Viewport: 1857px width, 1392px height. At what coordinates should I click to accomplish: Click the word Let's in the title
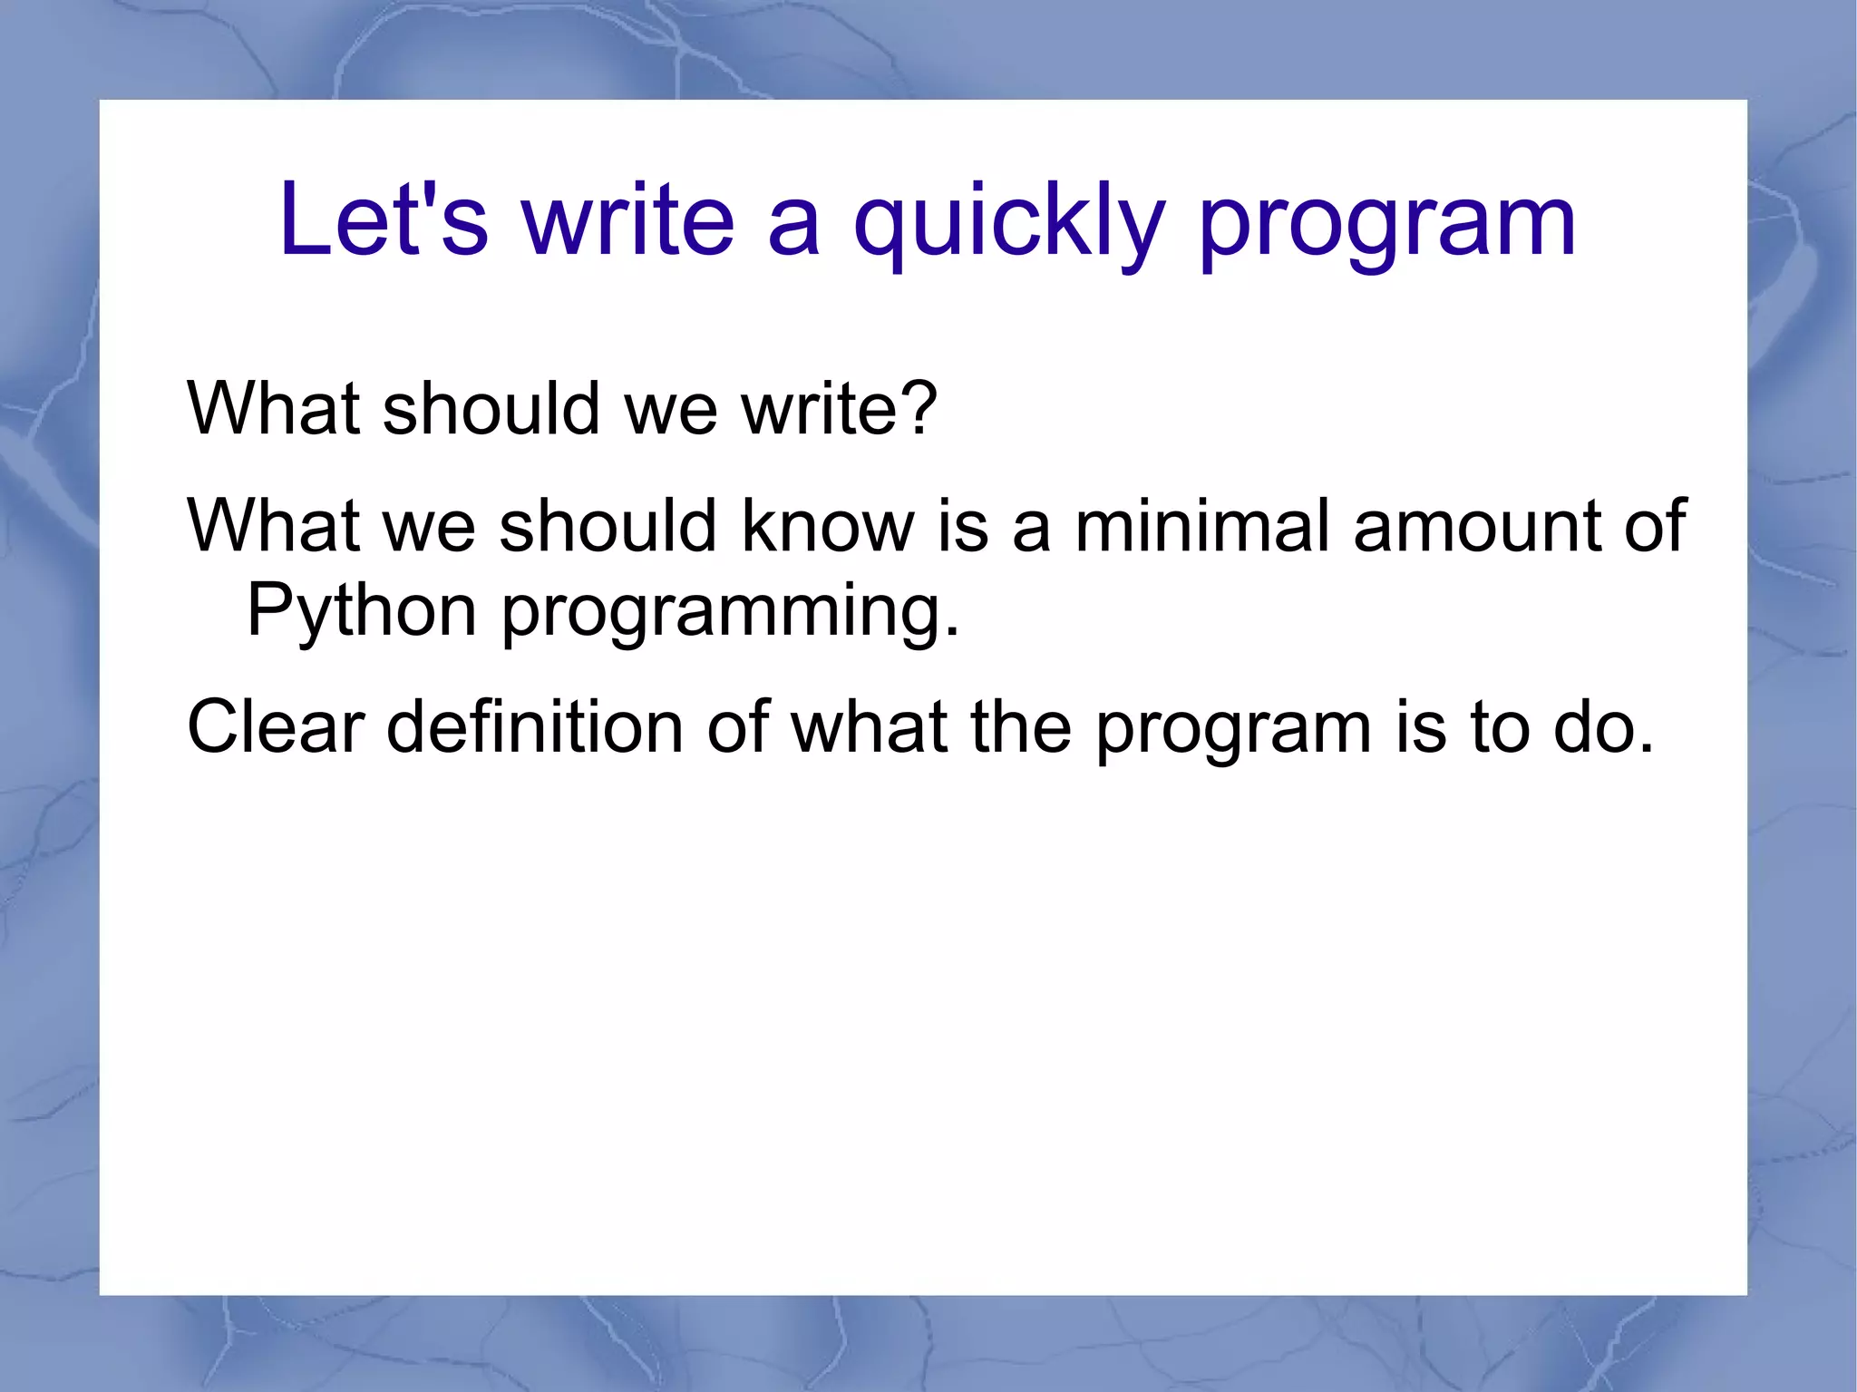click(x=383, y=219)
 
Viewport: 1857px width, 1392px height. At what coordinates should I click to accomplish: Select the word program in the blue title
click(x=1387, y=225)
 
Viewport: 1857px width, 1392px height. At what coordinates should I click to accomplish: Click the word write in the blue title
click(x=627, y=219)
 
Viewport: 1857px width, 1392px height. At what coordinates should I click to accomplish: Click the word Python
click(x=361, y=611)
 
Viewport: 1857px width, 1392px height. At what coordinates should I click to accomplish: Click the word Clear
click(x=276, y=726)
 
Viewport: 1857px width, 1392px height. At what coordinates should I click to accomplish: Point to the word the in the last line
click(x=1021, y=726)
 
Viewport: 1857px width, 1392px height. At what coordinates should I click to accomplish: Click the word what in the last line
click(x=869, y=726)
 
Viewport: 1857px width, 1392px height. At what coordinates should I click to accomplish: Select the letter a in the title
click(x=793, y=225)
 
